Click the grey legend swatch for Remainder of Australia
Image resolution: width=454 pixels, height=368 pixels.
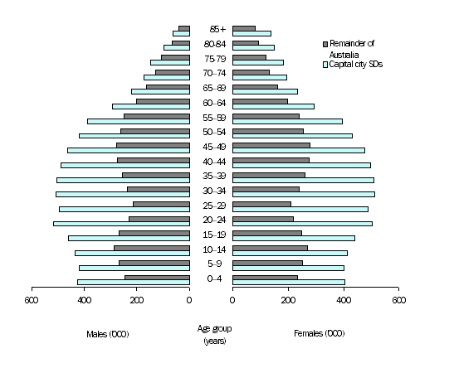click(325, 43)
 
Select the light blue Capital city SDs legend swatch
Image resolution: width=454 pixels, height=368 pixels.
click(325, 64)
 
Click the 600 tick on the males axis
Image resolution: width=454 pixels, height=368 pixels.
click(32, 300)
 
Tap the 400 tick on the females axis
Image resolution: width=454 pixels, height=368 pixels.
click(344, 300)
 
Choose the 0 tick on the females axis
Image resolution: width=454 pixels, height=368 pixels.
click(233, 300)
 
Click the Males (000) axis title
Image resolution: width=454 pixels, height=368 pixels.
click(108, 334)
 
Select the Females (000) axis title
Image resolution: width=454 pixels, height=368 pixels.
click(319, 334)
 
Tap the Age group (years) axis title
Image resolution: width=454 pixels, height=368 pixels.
click(214, 335)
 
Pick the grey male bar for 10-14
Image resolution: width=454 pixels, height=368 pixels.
click(152, 248)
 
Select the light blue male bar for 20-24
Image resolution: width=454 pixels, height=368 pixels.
click(121, 223)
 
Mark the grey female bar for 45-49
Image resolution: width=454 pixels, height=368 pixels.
click(271, 145)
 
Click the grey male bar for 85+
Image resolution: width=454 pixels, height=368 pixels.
click(184, 28)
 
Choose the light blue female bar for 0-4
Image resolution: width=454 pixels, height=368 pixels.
click(289, 282)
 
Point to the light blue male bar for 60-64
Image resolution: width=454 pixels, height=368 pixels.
click(151, 106)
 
